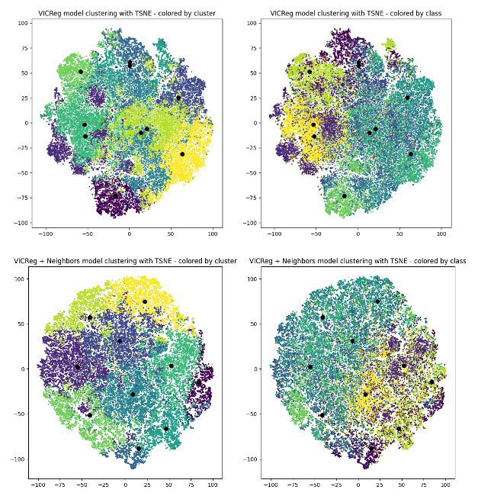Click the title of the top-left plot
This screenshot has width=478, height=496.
pyautogui.click(x=127, y=13)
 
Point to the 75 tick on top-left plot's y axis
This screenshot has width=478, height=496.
pyautogui.click(x=24, y=48)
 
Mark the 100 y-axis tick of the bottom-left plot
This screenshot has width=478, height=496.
pyautogui.click(x=21, y=279)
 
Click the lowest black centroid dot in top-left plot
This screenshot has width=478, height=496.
pyautogui.click(x=116, y=196)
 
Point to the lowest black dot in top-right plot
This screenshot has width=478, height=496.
pyautogui.click(x=345, y=196)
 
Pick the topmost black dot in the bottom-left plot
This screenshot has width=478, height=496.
pyautogui.click(x=145, y=301)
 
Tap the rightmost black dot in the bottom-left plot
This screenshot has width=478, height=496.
pyautogui.click(x=198, y=382)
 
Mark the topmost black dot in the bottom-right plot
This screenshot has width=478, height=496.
pyautogui.click(x=377, y=301)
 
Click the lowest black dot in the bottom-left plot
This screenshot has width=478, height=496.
pyautogui.click(x=139, y=448)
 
